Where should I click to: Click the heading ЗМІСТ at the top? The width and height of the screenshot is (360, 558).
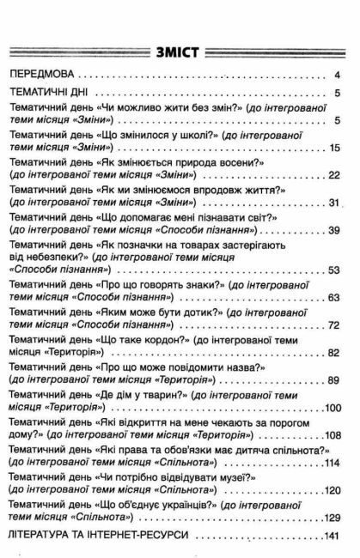[178, 51]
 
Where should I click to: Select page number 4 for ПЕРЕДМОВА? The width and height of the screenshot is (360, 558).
[339, 76]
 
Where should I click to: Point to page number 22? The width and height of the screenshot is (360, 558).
[335, 175]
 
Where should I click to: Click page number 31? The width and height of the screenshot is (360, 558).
[335, 203]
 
